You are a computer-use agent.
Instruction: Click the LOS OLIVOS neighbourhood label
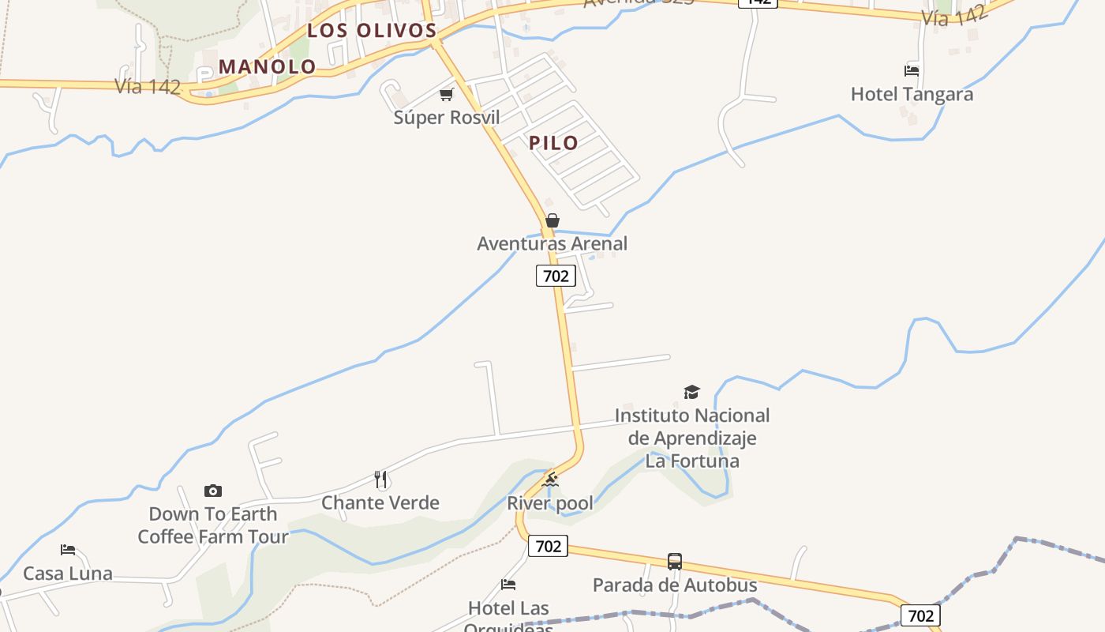tap(372, 31)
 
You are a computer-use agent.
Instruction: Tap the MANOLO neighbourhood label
tap(268, 66)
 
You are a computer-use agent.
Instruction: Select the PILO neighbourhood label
tap(553, 143)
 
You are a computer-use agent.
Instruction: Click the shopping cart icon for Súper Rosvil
tap(447, 95)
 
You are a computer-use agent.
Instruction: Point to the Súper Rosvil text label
tap(447, 118)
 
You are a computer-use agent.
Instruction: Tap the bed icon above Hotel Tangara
tap(912, 71)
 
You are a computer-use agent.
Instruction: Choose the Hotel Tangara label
tap(912, 94)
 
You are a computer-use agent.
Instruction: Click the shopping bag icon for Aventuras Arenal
tap(552, 220)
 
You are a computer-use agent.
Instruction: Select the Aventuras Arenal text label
tap(552, 243)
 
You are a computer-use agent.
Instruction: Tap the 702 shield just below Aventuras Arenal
tap(556, 276)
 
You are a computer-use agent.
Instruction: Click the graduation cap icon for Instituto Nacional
tap(692, 392)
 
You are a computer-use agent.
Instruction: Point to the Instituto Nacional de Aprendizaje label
tap(692, 438)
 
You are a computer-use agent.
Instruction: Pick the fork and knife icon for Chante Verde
tap(380, 479)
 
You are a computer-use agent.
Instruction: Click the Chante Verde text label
tap(380, 502)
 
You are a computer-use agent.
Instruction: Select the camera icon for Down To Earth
tap(212, 491)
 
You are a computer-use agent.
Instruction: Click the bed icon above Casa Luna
tap(68, 550)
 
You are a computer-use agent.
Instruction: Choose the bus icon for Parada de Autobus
tap(675, 562)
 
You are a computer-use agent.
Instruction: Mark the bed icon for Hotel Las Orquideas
tap(508, 585)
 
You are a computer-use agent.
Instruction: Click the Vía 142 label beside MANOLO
tap(148, 86)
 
